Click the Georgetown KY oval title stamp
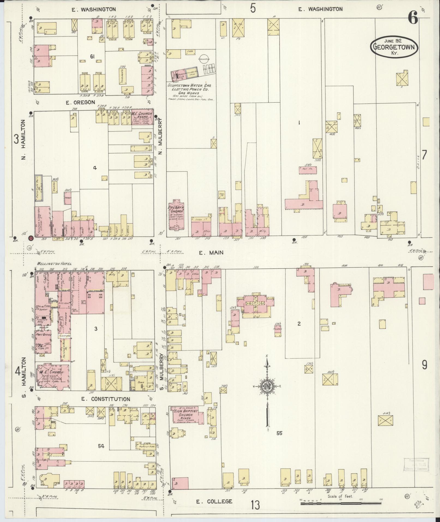[x=394, y=47]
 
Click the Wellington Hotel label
[x=54, y=264]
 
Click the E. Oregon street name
[x=80, y=102]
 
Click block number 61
[x=92, y=56]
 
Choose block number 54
[x=101, y=446]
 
